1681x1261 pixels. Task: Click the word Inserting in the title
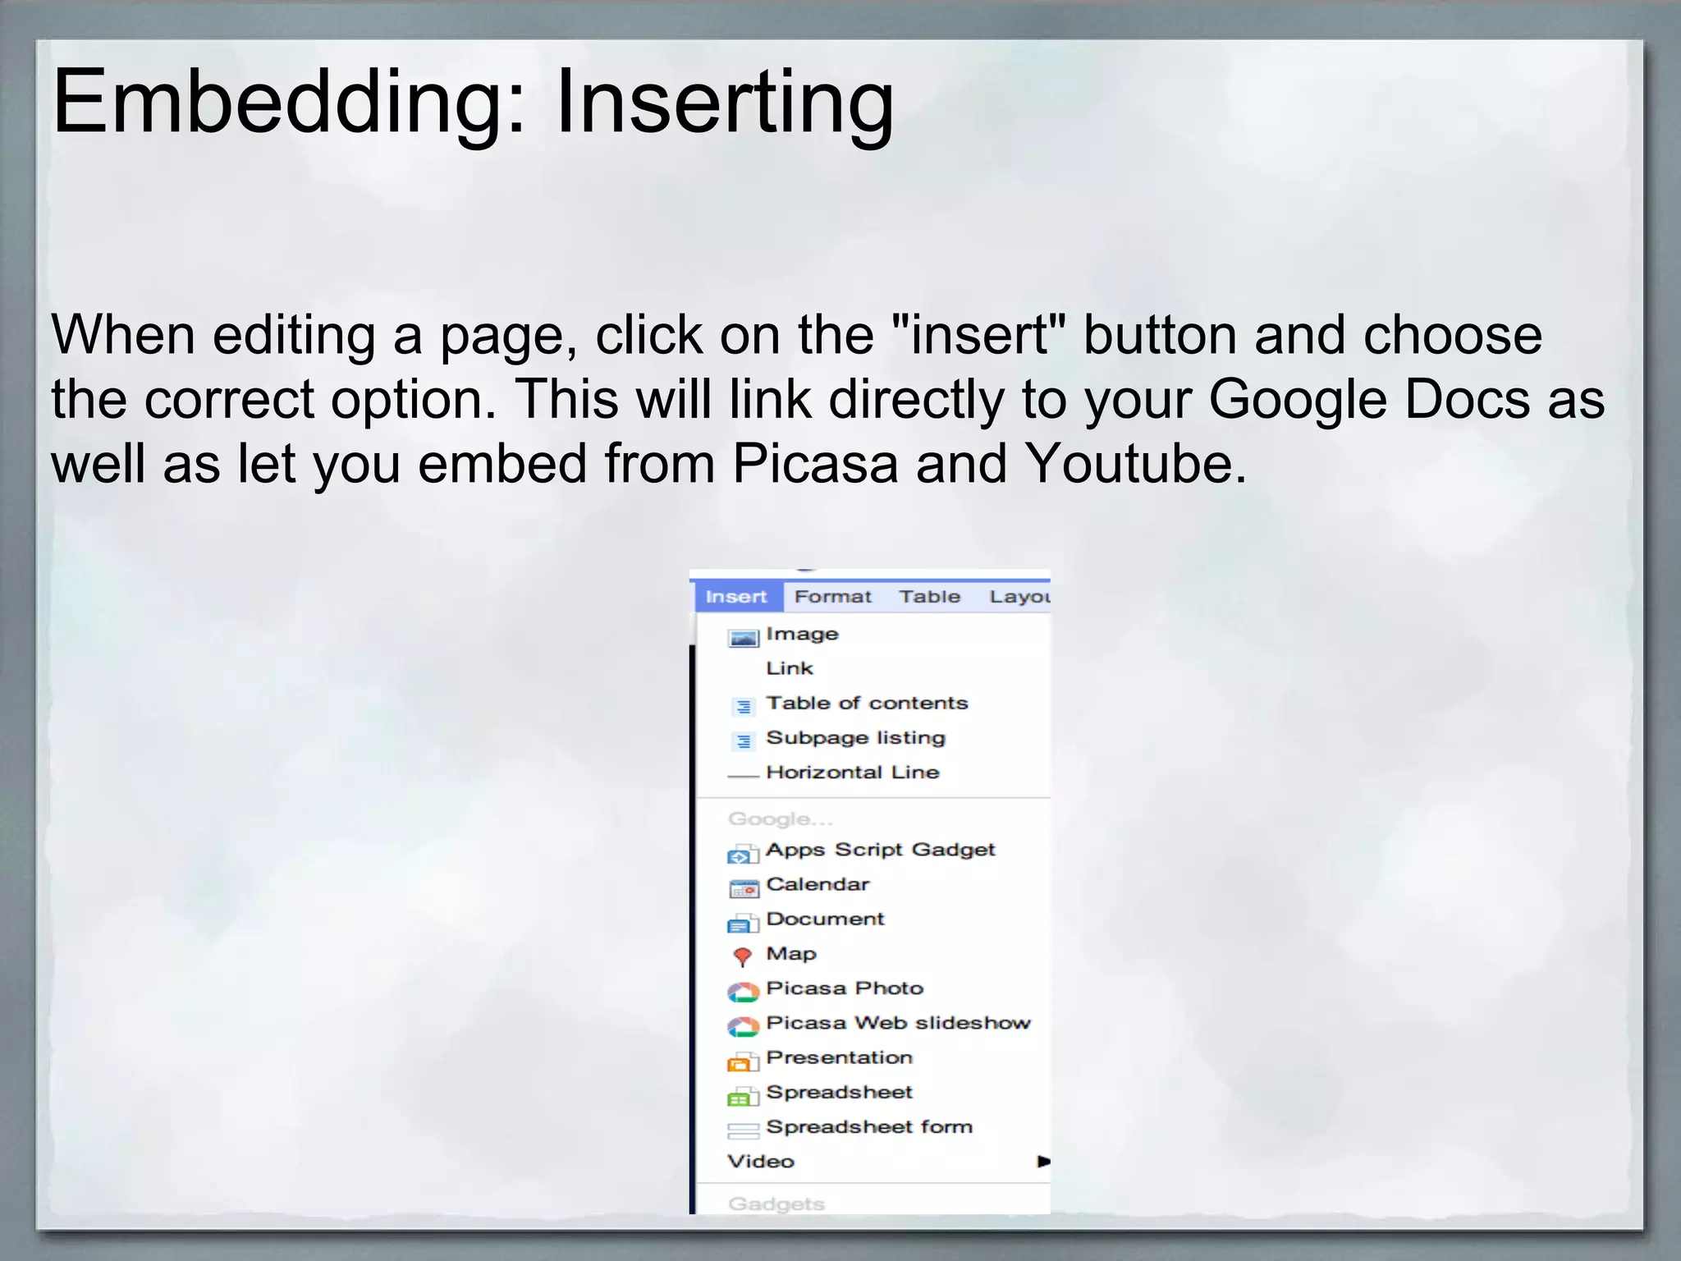point(724,103)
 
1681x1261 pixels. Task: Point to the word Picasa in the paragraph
point(815,464)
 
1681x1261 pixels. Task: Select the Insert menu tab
point(736,597)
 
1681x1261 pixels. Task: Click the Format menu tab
point(832,597)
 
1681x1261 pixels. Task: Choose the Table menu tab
point(929,597)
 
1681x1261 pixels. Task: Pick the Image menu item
point(802,635)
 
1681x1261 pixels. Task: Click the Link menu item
point(790,669)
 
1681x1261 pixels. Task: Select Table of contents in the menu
point(867,704)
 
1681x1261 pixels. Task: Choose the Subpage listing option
point(855,738)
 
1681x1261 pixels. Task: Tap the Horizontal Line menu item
point(852,773)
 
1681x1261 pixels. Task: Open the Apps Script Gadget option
point(880,851)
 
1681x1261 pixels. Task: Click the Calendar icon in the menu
point(744,888)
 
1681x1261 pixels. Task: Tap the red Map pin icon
point(742,956)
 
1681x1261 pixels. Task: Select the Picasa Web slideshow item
point(898,1024)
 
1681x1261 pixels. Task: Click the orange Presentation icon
point(742,1062)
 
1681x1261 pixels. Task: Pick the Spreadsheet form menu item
point(869,1127)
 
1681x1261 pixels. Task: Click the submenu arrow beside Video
point(1043,1162)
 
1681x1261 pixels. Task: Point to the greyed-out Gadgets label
point(776,1204)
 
